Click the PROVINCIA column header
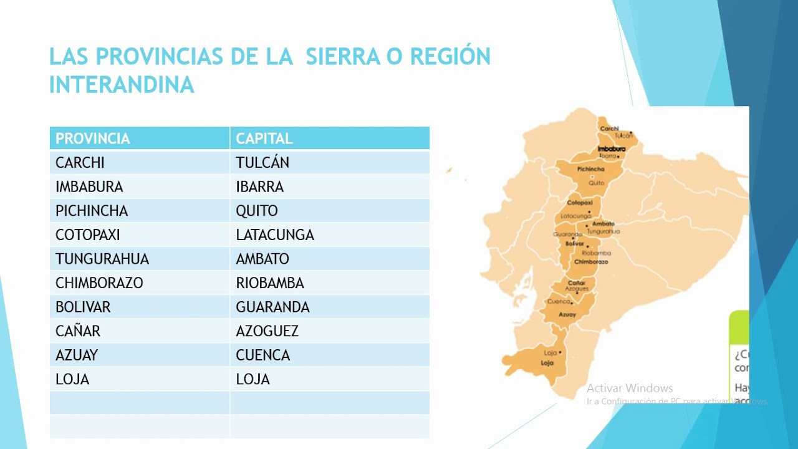tap(93, 138)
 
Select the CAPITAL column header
tap(264, 138)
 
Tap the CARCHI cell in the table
tap(80, 163)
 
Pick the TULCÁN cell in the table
tap(262, 163)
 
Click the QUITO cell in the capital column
tap(257, 211)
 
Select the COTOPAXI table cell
tap(88, 235)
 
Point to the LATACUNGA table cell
tap(275, 235)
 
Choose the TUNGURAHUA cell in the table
tap(102, 259)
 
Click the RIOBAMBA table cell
tap(270, 283)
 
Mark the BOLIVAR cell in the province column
tap(83, 307)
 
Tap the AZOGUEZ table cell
tap(267, 331)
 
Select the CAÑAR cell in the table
tap(78, 331)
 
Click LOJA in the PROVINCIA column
tap(72, 379)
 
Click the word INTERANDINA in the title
tap(122, 85)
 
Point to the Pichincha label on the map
tap(591, 169)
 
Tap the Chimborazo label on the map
tap(590, 262)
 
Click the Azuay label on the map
tap(567, 315)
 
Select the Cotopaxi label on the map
tap(579, 203)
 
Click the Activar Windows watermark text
tap(630, 389)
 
